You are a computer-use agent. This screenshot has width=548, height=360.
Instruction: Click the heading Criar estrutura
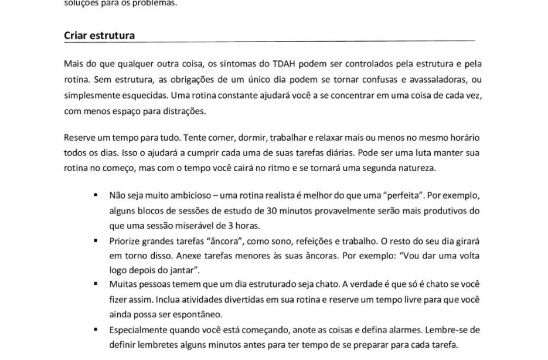click(x=99, y=35)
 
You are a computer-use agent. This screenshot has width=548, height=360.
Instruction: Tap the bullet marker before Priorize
click(x=95, y=239)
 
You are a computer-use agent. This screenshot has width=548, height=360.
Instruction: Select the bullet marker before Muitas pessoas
click(x=95, y=284)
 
